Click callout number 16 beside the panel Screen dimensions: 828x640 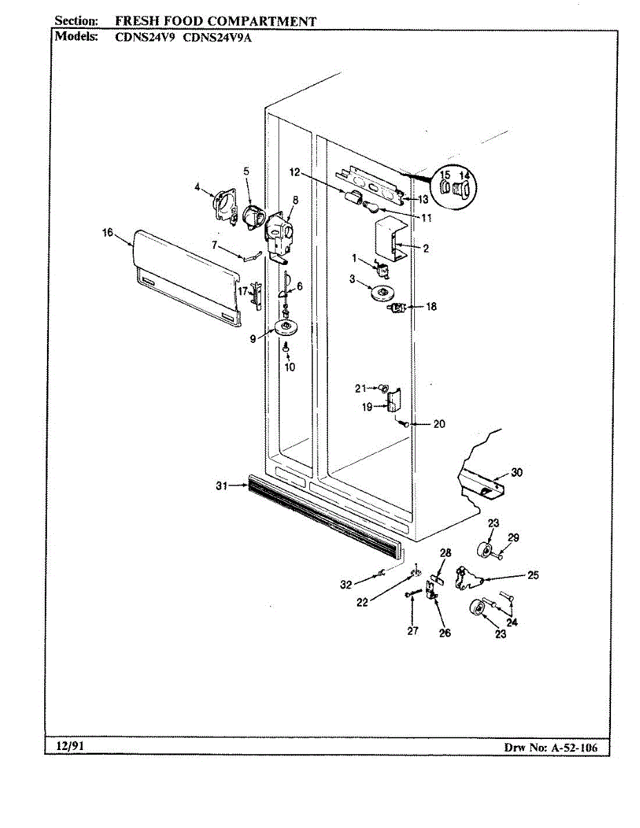click(107, 233)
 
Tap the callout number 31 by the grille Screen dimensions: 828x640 click(221, 486)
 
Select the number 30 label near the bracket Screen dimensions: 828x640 click(516, 473)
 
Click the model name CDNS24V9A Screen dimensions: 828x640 click(217, 38)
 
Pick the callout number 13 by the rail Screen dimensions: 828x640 click(423, 199)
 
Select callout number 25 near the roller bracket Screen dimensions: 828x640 click(532, 575)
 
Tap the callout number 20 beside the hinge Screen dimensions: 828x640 click(438, 424)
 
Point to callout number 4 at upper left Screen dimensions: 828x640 click(197, 186)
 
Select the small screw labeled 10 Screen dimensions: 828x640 click(286, 351)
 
